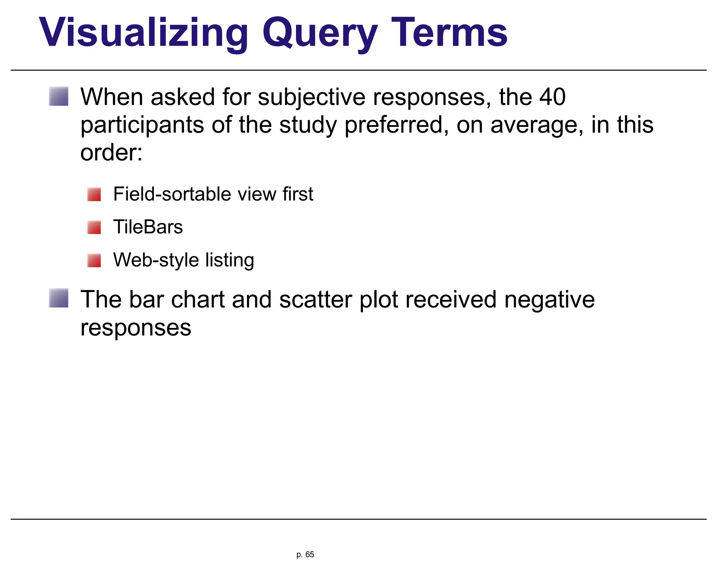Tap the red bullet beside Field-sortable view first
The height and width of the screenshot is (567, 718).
coord(94,194)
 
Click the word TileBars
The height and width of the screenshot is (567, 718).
coord(148,227)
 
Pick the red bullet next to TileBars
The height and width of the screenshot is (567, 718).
coord(94,227)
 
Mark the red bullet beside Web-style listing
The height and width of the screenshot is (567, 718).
coord(94,261)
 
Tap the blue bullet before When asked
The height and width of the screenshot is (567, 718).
coord(59,96)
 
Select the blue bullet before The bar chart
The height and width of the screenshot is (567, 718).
coord(59,298)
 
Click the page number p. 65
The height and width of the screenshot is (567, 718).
coord(305,554)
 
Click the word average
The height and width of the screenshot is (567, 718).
coord(537,126)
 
